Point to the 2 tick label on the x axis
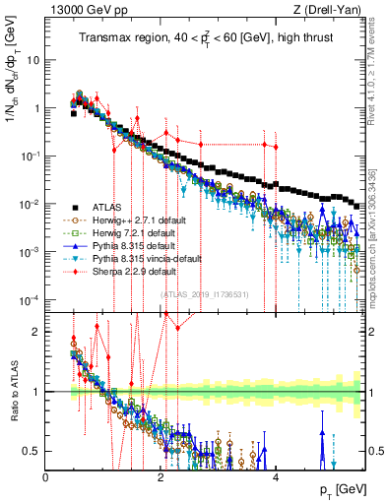(161, 477)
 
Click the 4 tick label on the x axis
(276, 477)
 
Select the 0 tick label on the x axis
(46, 477)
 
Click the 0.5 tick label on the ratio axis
(31, 451)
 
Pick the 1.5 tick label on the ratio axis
(31, 361)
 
